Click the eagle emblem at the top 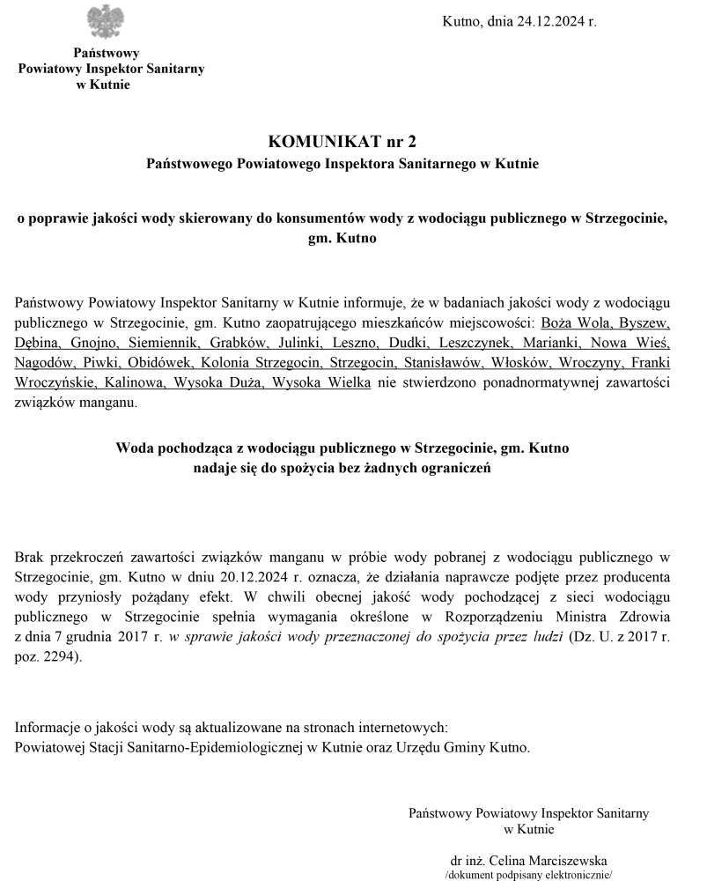[x=105, y=20]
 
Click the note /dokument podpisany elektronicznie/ [x=527, y=875]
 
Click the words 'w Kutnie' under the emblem [x=105, y=85]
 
